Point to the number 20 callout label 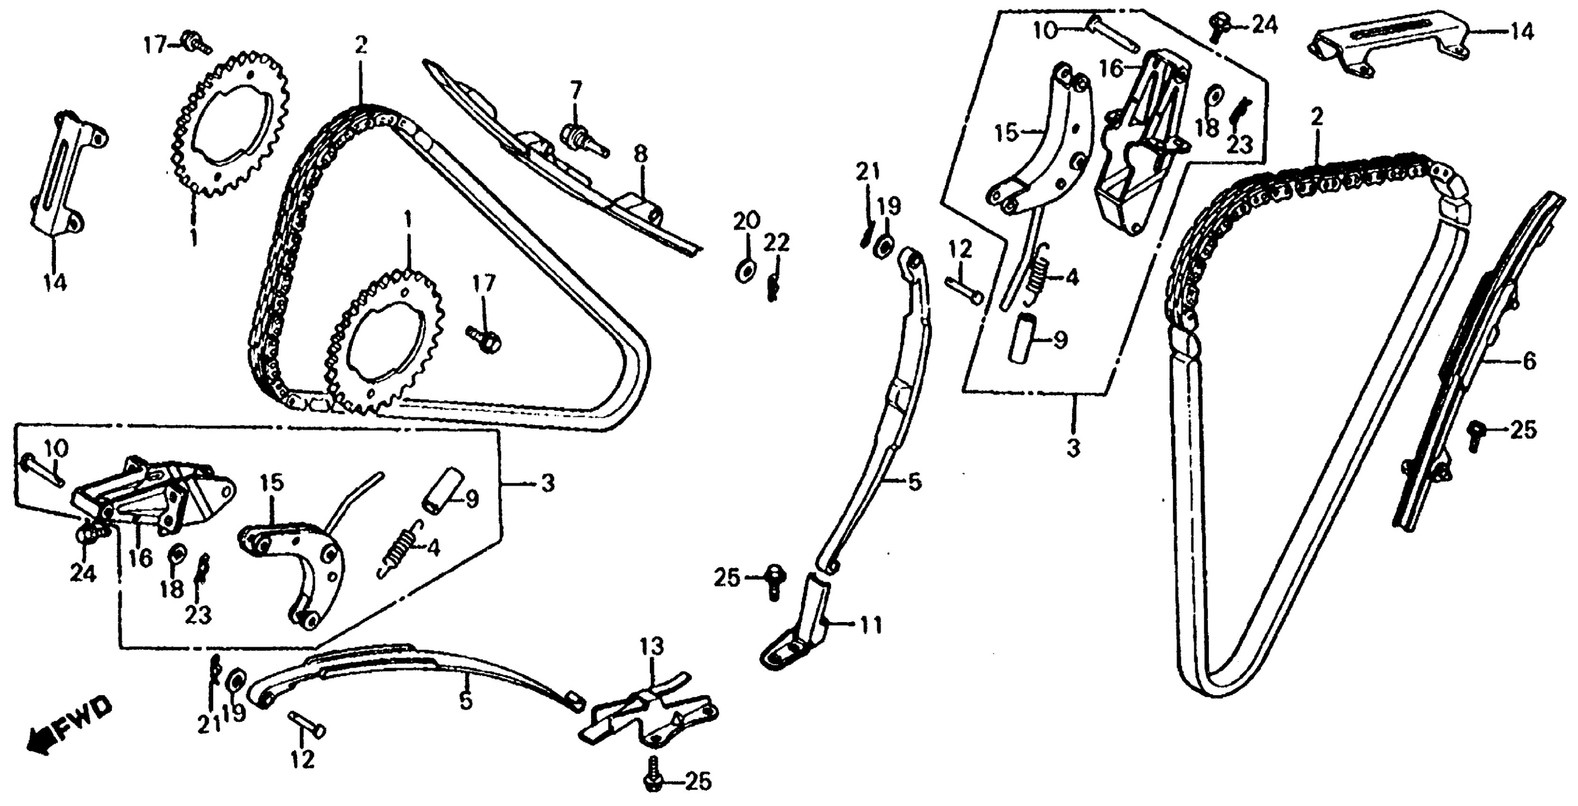(x=747, y=220)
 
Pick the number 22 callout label (x=775, y=244)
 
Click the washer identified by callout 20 (x=744, y=271)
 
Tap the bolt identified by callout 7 (x=581, y=138)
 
